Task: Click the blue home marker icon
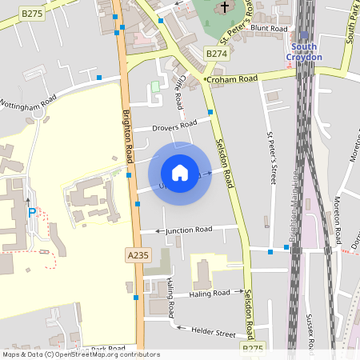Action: (180, 172)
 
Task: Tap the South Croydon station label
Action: (304, 52)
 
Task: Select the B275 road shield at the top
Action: (31, 14)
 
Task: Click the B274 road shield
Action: (216, 54)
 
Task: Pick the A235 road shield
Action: (138, 254)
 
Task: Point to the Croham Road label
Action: (231, 79)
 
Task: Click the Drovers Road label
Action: (175, 126)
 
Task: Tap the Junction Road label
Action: (189, 230)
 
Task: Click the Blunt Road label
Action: (268, 28)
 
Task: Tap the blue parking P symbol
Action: (32, 213)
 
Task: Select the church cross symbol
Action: (225, 7)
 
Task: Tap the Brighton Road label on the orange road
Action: (127, 132)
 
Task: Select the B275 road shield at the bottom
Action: (252, 348)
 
